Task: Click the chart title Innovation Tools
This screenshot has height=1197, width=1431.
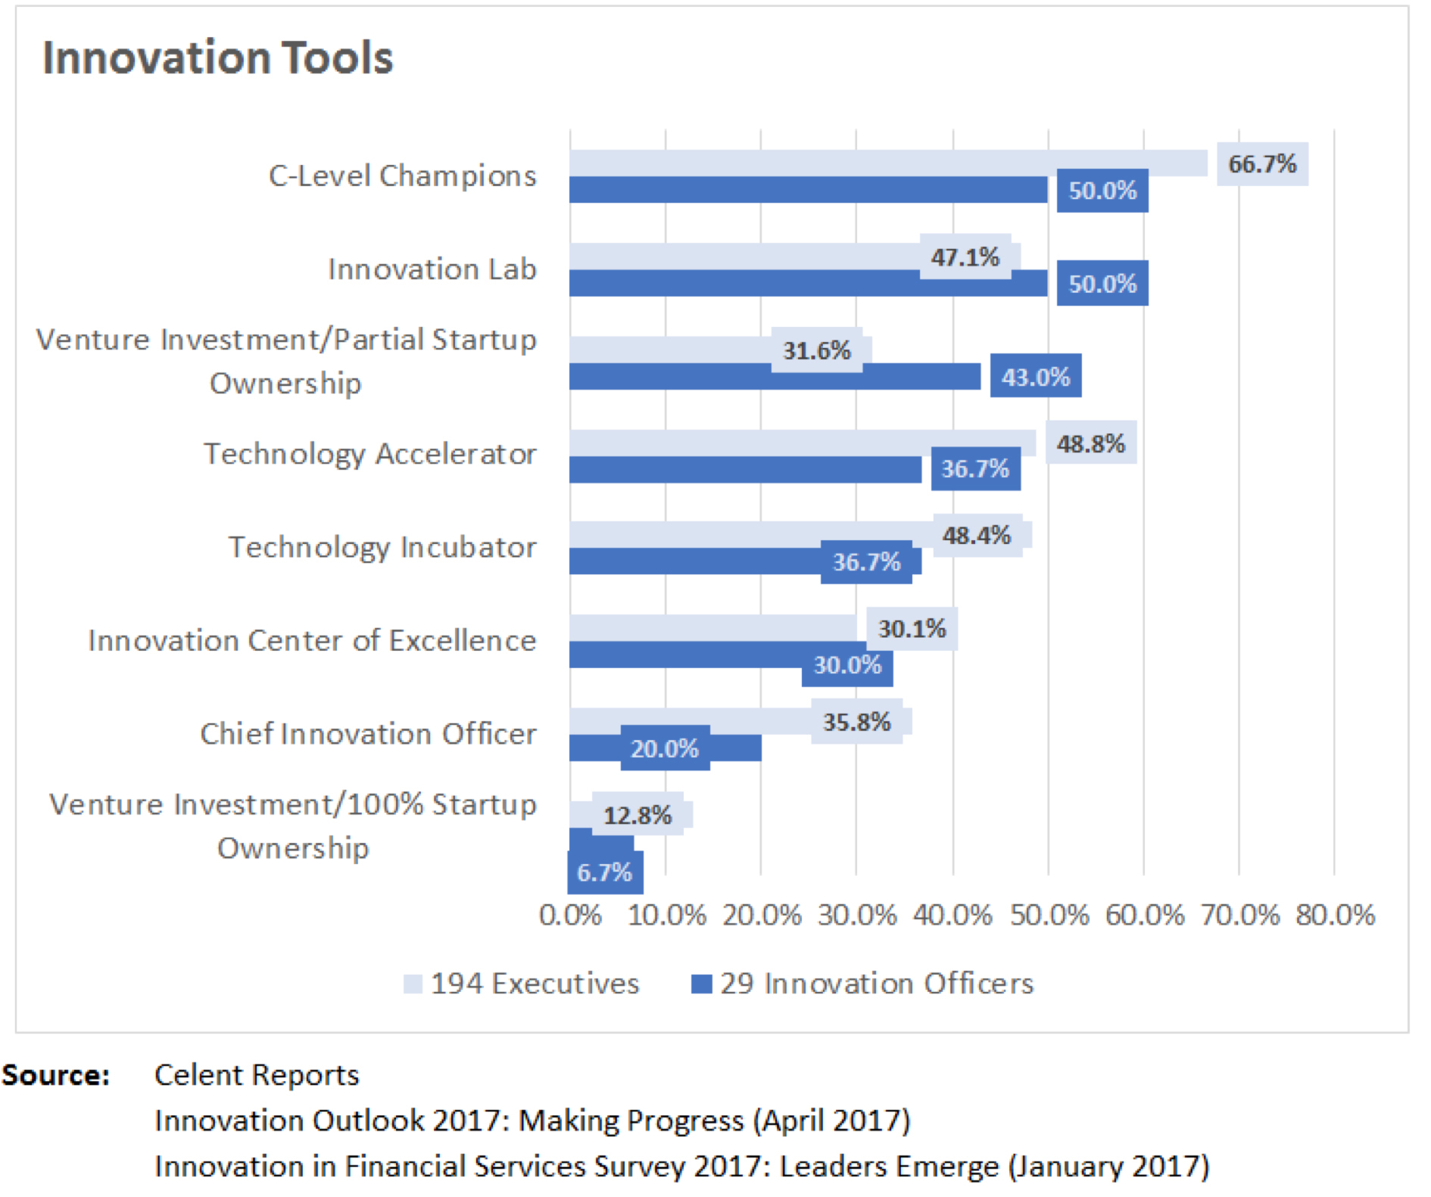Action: point(218,58)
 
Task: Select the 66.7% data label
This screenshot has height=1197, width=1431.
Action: point(1261,164)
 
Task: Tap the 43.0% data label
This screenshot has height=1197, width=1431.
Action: point(1035,376)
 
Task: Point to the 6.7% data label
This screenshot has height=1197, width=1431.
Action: point(604,872)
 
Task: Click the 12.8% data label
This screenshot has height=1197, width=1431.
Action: point(637,815)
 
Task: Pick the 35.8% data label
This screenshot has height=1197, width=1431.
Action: point(856,722)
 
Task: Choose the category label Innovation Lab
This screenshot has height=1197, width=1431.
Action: point(432,269)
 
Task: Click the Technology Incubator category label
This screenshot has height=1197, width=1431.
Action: point(382,547)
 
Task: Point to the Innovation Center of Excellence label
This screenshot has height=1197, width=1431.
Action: point(312,640)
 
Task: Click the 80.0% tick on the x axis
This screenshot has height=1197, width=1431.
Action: point(1334,916)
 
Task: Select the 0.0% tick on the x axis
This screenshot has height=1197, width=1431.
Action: point(570,916)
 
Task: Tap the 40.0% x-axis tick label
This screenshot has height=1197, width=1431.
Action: point(952,916)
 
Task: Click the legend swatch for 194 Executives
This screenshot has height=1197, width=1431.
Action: point(413,984)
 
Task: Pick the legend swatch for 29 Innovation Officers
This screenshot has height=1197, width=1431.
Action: point(702,984)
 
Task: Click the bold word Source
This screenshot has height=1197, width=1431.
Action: point(55,1075)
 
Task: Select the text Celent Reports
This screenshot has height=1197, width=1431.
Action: point(257,1075)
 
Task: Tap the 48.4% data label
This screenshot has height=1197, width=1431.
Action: point(976,536)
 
